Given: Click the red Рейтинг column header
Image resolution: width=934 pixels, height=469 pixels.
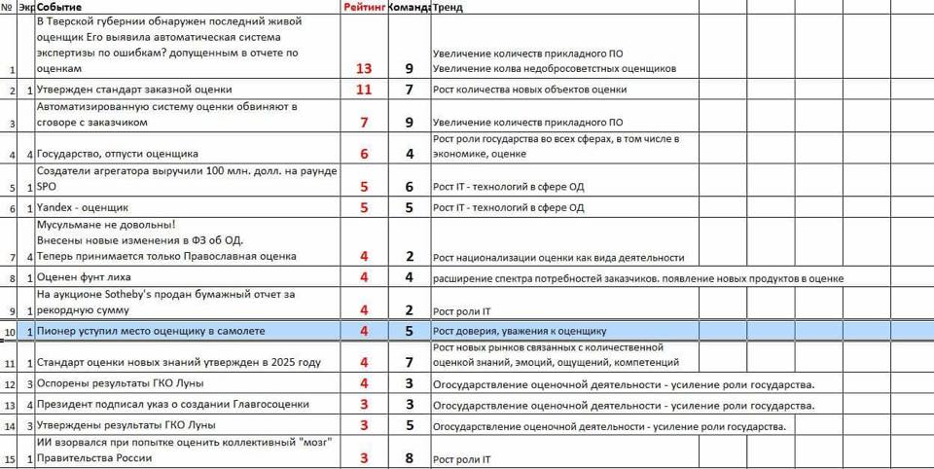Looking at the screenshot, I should coord(364,8).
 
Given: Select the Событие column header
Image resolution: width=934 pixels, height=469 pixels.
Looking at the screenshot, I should coord(59,8).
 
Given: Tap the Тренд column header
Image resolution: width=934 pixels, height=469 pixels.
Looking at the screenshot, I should coord(449,8).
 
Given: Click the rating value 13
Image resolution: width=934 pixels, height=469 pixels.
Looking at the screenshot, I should coord(364,69).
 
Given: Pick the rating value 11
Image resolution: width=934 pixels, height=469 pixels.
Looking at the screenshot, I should coord(364,90).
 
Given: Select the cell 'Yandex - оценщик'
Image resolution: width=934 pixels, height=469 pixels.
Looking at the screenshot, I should coord(83,207).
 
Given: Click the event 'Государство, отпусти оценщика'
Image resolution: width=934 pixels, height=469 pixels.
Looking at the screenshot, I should coord(118,154).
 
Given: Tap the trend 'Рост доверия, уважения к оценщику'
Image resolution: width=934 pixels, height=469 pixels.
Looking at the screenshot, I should coord(520,332).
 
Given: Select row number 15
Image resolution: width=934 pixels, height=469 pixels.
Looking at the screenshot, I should coord(10,459).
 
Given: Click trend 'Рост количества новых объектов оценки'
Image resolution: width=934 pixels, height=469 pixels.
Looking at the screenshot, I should coord(529,90).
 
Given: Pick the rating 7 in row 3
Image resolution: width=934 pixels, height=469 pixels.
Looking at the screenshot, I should coord(364,123).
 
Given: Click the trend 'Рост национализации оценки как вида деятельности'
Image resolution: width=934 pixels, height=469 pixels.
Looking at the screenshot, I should coord(558,257).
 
